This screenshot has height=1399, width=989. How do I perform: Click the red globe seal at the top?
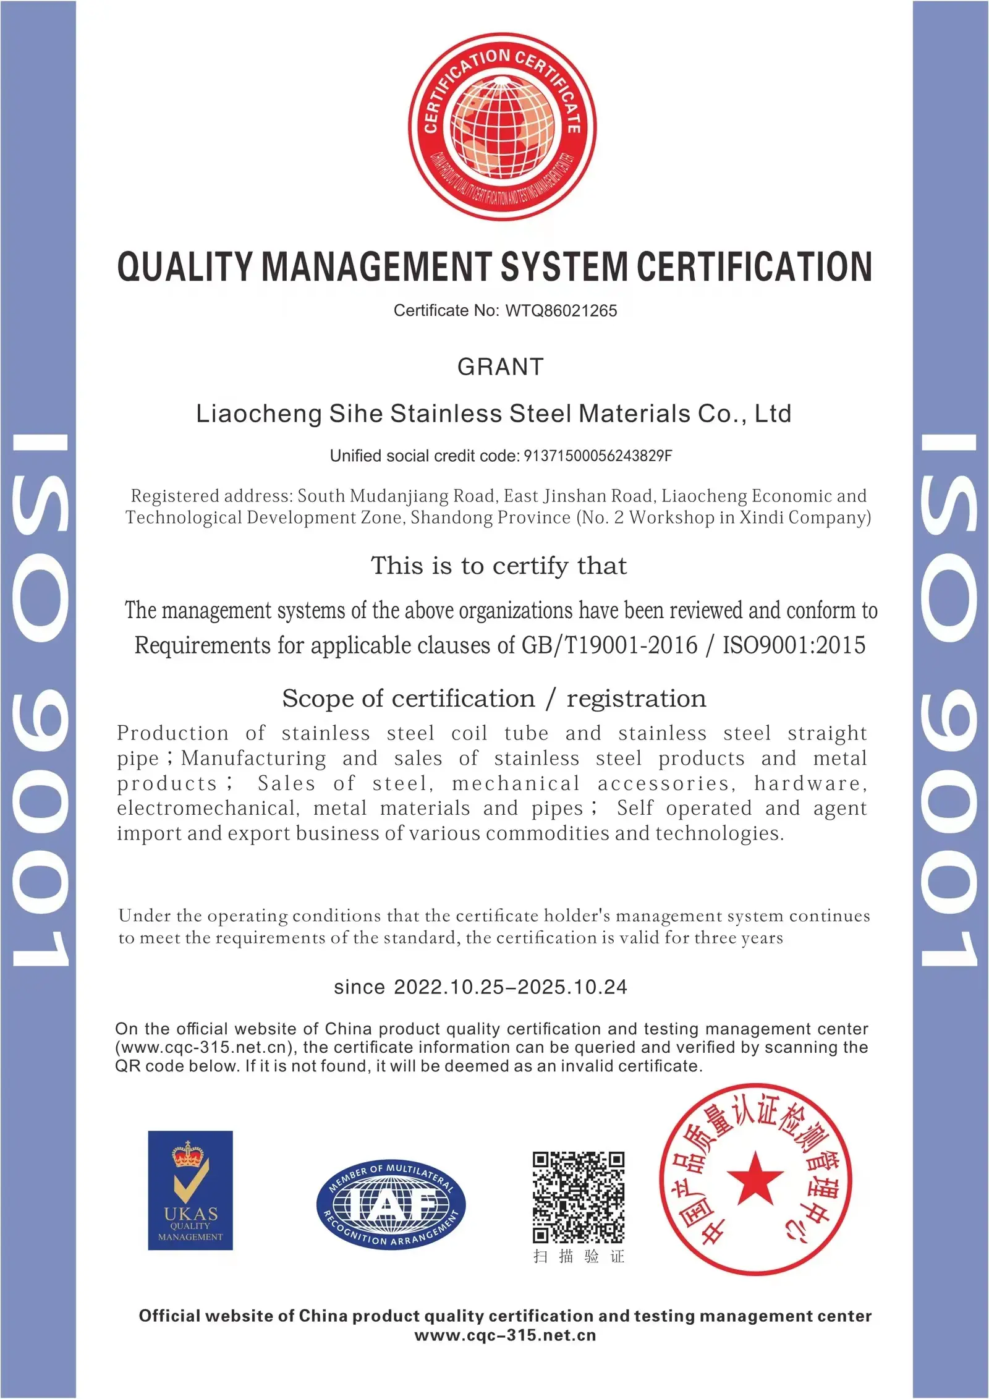pyautogui.click(x=502, y=127)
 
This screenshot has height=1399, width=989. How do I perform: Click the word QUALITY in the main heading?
pyautogui.click(x=184, y=267)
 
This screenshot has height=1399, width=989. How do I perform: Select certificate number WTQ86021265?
pyautogui.click(x=561, y=310)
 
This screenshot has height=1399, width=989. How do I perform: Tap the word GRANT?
pyautogui.click(x=500, y=367)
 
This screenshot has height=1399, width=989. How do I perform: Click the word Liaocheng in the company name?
pyautogui.click(x=258, y=414)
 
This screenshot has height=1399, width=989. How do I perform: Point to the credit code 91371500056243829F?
pyautogui.click(x=598, y=456)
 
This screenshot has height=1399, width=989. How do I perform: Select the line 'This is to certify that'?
pyautogui.click(x=498, y=566)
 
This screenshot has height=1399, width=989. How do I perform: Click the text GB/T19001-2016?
pyautogui.click(x=609, y=645)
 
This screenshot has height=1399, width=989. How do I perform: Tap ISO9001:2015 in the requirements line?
pyautogui.click(x=794, y=645)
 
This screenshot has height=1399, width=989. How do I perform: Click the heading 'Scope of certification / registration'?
pyautogui.click(x=494, y=699)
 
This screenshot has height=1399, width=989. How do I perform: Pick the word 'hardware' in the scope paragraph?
pyautogui.click(x=809, y=783)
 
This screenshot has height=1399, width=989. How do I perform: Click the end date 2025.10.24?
pyautogui.click(x=572, y=987)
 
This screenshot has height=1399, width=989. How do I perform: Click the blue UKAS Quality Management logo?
pyautogui.click(x=190, y=1190)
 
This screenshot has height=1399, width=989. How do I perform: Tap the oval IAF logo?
pyautogui.click(x=391, y=1204)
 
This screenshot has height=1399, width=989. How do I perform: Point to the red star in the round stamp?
pyautogui.click(x=755, y=1178)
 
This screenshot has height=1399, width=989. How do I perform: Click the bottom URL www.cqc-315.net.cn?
pyautogui.click(x=505, y=1335)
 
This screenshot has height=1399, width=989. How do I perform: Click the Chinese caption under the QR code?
pyautogui.click(x=579, y=1256)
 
